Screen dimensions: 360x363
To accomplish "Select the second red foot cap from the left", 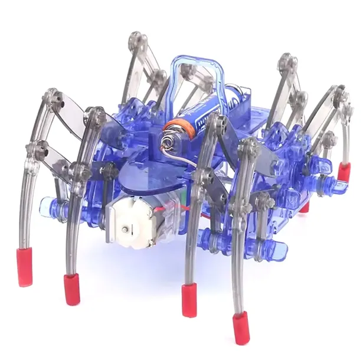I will coord(72,289).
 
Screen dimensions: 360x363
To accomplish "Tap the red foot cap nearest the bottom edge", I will coord(240,328).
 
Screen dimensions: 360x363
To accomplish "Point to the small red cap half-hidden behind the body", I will coord(305,207).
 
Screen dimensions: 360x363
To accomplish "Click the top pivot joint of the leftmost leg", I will coord(54,101).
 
